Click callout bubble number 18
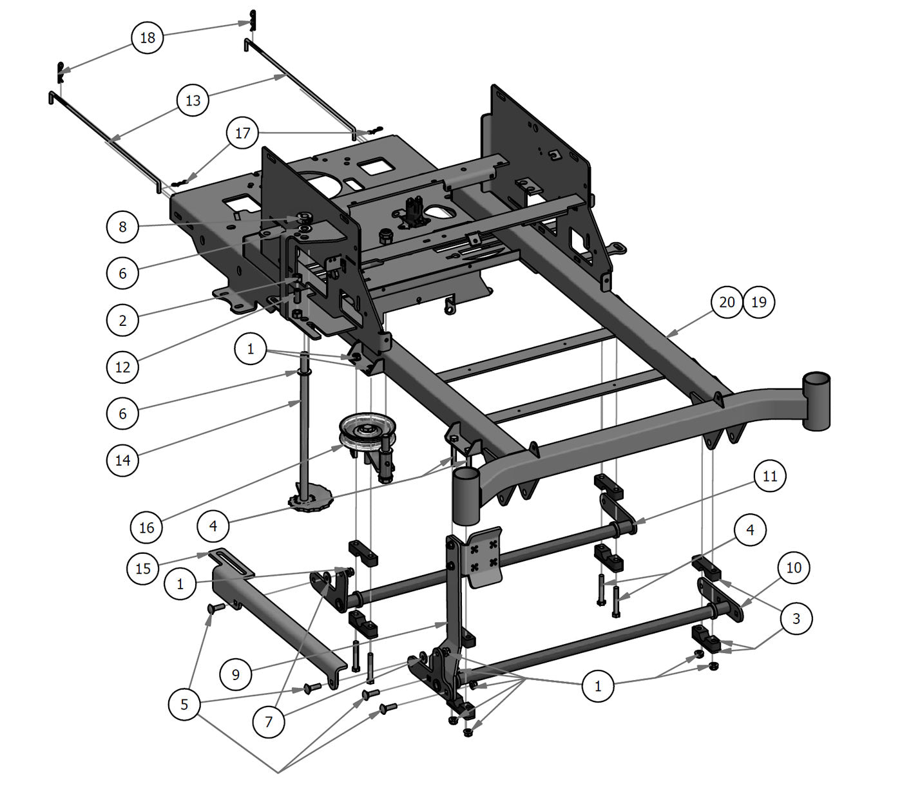148,37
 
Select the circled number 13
193,100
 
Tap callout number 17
242,133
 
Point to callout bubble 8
122,227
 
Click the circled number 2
122,320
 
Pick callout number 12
122,367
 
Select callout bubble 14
122,460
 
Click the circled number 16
146,527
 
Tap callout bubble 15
143,568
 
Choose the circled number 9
236,674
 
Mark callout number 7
269,721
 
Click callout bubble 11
770,476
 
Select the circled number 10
794,567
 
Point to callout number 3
796,618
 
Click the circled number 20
727,301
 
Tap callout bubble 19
759,301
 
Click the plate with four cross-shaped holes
483,556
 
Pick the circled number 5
184,704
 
